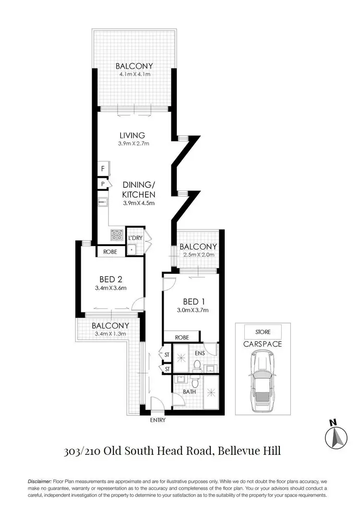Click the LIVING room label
point(132,135)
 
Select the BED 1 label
point(191,302)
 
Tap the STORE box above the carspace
point(263,331)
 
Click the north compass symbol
point(336,435)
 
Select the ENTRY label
point(157,420)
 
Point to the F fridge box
point(103,169)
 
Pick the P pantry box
point(103,184)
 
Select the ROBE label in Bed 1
point(181,337)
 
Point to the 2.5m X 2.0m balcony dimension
point(198,255)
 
